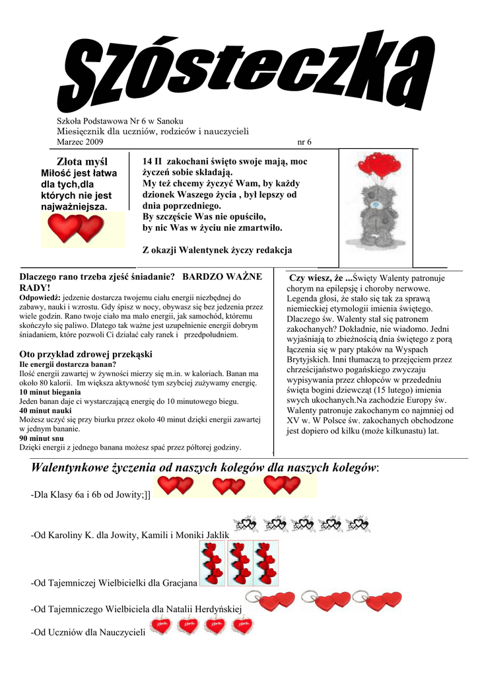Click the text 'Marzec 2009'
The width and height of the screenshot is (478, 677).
point(80,142)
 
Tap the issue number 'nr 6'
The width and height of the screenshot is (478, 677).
point(304,142)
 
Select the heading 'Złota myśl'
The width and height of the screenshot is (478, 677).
point(82,161)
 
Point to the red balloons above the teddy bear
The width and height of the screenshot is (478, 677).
point(375,167)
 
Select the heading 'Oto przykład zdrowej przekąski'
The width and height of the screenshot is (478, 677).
point(86,354)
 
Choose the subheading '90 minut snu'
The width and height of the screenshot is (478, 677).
point(42,438)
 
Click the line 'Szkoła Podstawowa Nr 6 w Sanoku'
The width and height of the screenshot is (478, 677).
point(118,121)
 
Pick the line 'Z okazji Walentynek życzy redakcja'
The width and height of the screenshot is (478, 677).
point(217,251)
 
